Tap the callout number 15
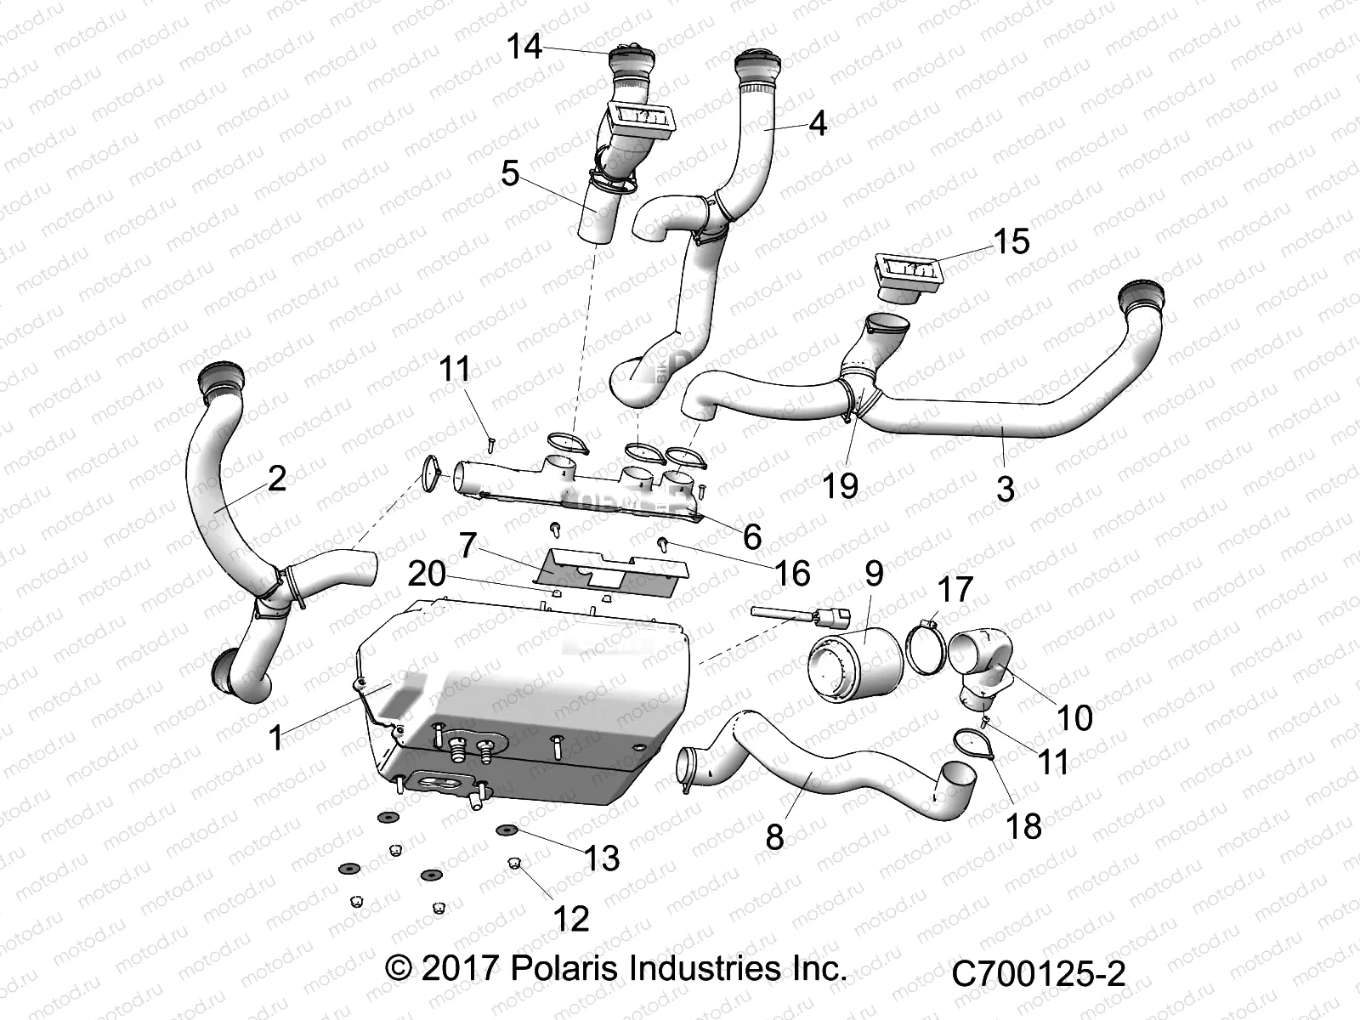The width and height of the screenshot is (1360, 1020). (x=1011, y=241)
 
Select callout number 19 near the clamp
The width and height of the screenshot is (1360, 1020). (x=840, y=485)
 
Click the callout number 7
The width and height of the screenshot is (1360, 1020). (x=467, y=545)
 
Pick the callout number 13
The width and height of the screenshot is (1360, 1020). (x=601, y=858)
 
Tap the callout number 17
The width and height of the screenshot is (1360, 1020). (x=954, y=588)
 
